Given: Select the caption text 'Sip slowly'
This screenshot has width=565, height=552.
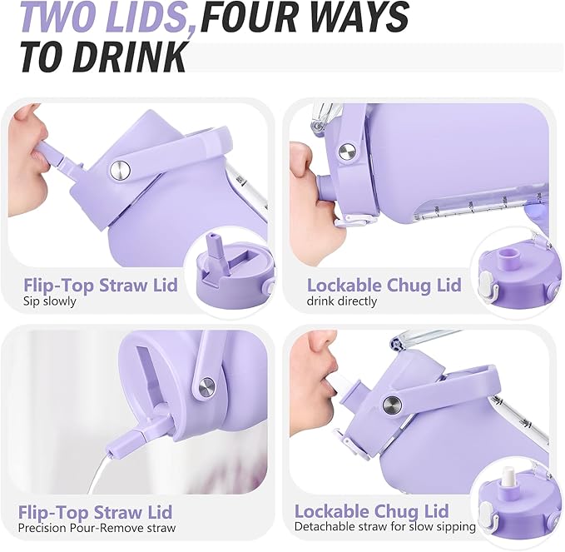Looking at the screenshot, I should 49,301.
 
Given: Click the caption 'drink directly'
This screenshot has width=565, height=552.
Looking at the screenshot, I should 342,301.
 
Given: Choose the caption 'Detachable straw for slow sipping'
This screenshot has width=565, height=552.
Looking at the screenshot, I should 384,526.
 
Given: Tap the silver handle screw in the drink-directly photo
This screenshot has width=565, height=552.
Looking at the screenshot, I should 347,151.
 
